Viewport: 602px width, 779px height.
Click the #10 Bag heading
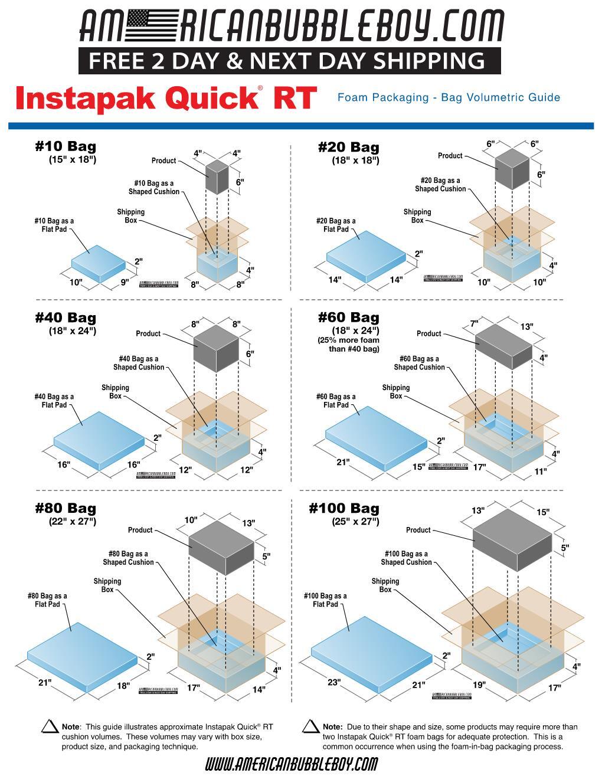point(65,146)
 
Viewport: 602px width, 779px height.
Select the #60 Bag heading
point(348,318)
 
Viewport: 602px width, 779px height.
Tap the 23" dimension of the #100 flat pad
point(334,683)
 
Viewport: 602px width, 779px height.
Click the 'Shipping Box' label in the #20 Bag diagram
point(417,216)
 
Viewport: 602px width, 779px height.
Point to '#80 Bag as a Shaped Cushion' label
point(129,558)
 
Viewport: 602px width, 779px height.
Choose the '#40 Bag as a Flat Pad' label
point(54,401)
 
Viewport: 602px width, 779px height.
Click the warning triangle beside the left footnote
point(50,727)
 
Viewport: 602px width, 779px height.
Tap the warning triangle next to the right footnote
point(310,727)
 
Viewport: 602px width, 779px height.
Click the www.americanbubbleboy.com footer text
point(291,765)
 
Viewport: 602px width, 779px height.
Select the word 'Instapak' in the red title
point(87,99)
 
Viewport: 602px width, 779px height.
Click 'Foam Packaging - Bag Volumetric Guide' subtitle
point(449,97)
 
